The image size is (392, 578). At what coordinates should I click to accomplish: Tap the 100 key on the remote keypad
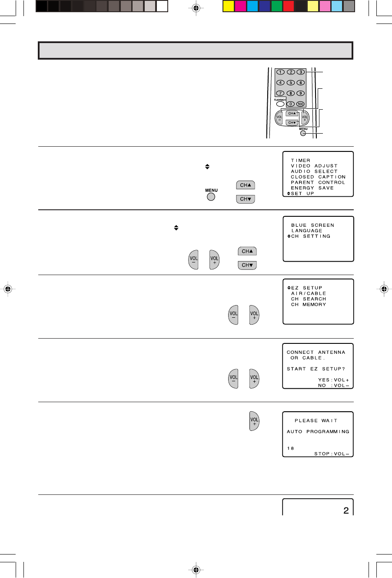click(300, 104)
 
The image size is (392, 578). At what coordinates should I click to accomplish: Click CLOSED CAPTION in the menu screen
click(318, 177)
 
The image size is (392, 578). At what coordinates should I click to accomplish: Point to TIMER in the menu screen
click(301, 161)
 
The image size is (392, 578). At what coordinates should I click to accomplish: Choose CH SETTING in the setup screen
click(311, 236)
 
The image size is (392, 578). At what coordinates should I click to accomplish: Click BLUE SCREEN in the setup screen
click(312, 225)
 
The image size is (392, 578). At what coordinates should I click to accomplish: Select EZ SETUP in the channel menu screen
click(306, 288)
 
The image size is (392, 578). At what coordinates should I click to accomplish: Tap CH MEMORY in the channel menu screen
click(308, 305)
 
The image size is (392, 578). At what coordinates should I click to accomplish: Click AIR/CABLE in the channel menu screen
click(308, 294)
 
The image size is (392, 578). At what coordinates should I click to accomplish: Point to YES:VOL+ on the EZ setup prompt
click(333, 380)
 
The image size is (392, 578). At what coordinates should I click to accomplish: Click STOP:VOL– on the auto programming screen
click(332, 454)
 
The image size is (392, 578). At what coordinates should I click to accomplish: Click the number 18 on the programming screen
click(290, 448)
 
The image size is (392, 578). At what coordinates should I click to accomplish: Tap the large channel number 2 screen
click(346, 511)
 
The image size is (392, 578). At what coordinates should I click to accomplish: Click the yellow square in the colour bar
click(229, 6)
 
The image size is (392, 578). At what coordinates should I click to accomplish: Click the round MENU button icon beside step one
click(211, 197)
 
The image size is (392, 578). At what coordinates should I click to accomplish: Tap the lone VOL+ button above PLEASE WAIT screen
click(254, 421)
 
